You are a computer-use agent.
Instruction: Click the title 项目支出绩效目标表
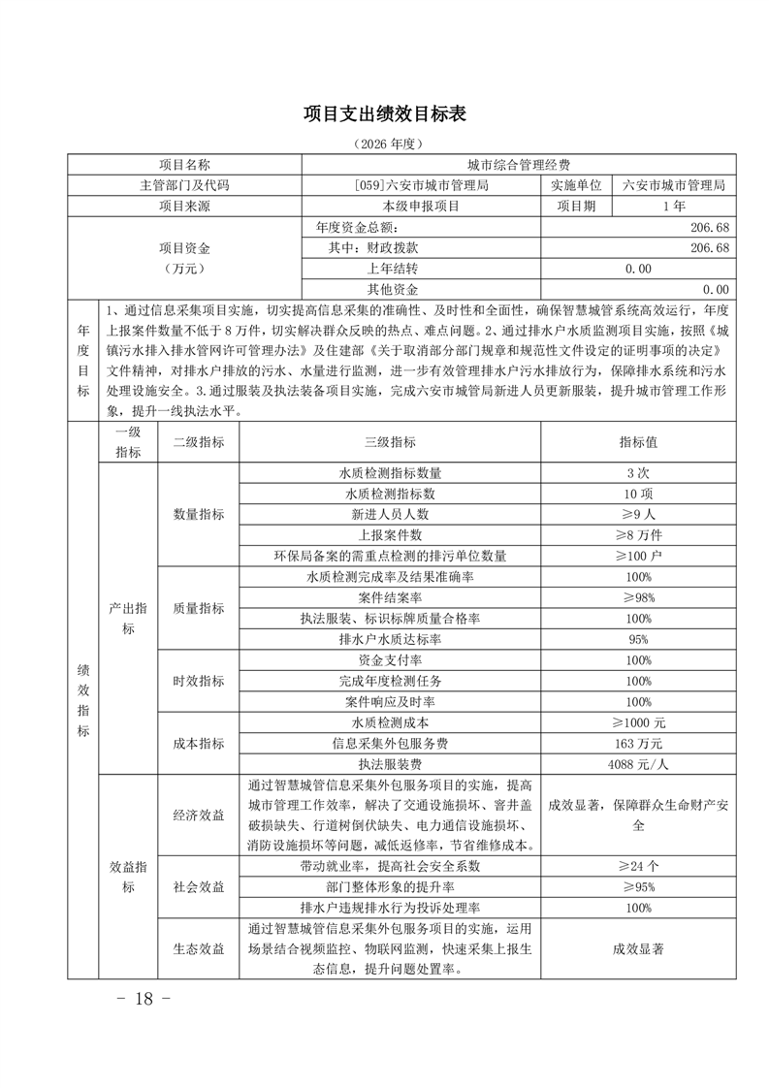tap(385, 114)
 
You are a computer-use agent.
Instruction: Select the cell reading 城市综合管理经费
tap(518, 166)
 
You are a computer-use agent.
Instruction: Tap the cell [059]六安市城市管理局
tap(422, 185)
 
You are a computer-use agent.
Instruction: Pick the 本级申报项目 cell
tap(422, 206)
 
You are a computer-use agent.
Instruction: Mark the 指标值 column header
tap(638, 441)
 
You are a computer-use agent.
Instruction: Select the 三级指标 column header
tap(390, 441)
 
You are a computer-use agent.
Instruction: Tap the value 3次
tap(638, 473)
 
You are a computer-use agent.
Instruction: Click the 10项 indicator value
tap(638, 494)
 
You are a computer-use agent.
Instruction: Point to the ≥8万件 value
tap(638, 535)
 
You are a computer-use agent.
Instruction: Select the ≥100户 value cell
tap(638, 556)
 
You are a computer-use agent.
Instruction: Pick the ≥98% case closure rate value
tap(638, 597)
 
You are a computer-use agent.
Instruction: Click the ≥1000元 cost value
tap(638, 722)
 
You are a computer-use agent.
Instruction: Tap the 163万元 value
tap(638, 744)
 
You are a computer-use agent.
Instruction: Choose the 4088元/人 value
tap(638, 764)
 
